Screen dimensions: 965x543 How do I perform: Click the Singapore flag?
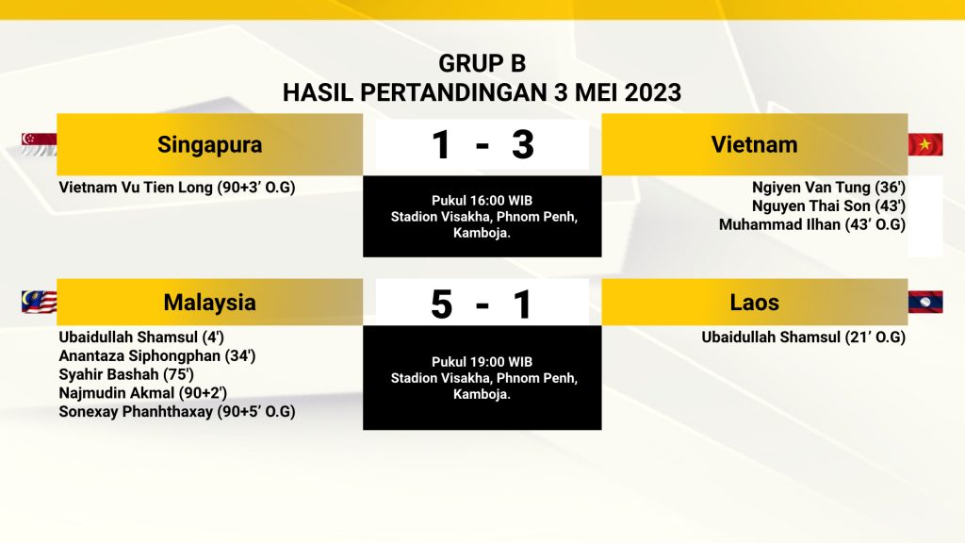(39, 144)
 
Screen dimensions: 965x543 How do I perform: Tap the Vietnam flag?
(925, 144)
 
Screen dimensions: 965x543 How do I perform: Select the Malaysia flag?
(39, 302)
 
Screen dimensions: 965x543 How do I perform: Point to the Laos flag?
(925, 302)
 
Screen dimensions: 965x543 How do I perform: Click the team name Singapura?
(210, 144)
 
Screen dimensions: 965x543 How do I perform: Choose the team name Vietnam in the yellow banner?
(755, 144)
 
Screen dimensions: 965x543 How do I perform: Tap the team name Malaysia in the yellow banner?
(210, 303)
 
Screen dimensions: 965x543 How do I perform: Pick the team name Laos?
(755, 303)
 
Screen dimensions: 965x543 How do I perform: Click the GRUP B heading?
(482, 63)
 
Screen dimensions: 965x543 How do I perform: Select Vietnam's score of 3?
(522, 145)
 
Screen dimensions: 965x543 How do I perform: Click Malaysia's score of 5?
(441, 304)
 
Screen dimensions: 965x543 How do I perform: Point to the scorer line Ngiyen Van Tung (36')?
(828, 188)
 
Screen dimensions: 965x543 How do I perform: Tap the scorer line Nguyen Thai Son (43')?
(828, 206)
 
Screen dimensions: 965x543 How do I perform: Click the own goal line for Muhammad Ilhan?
(811, 224)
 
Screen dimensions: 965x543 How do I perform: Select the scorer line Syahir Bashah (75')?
(126, 374)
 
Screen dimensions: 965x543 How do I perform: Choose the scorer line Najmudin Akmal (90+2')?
(143, 393)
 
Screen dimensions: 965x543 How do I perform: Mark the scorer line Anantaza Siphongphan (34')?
(157, 355)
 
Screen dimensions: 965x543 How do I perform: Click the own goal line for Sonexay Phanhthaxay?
(176, 411)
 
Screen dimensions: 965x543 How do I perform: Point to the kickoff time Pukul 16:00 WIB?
(482, 201)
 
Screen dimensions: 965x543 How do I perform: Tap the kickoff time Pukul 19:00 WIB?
(482, 362)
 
